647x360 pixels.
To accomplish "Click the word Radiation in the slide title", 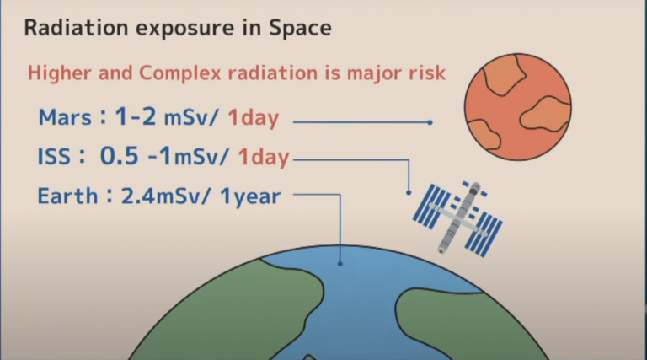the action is [x=77, y=28].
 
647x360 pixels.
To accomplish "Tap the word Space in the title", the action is [x=301, y=29].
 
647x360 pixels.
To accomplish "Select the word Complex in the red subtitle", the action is [x=180, y=73].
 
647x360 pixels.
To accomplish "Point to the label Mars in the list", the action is [x=65, y=117].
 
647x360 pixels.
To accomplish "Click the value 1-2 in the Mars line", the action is [x=136, y=116].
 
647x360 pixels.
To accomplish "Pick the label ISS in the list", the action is [x=54, y=157].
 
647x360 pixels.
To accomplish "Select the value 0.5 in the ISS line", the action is [x=120, y=156].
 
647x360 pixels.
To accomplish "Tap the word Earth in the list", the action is [x=67, y=196].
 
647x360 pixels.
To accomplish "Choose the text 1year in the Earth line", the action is [x=250, y=197].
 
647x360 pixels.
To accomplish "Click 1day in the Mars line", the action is [x=254, y=118].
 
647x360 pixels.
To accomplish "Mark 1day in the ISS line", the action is [x=264, y=157].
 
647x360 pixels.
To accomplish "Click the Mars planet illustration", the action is [x=518, y=107].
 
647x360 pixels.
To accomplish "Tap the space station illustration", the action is [x=457, y=218].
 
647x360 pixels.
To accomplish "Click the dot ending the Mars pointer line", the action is [x=430, y=122].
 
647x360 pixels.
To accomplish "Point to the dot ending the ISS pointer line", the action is [x=409, y=193].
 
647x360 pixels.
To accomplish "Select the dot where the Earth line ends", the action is [x=340, y=263].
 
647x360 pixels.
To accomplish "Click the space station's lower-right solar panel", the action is [x=484, y=234].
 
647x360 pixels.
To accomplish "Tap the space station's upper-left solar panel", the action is [x=431, y=207].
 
